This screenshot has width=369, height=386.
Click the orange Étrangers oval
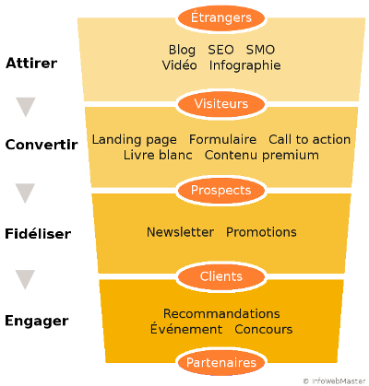[220, 18]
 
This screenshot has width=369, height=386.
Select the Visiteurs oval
[220, 103]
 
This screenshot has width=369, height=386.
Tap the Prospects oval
[220, 190]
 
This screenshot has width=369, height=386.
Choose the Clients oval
[220, 275]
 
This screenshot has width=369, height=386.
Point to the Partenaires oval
[220, 363]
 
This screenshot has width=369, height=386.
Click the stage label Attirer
[31, 64]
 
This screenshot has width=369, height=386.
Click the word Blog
[183, 50]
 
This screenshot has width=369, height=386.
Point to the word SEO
[220, 50]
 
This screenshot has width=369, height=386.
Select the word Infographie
[244, 65]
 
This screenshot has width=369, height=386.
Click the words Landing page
[134, 139]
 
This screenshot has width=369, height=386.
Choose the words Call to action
[309, 139]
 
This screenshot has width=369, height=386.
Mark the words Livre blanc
[158, 155]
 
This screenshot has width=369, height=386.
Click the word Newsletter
[180, 232]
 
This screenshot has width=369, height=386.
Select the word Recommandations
[221, 314]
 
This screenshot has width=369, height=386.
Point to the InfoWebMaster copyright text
[333, 380]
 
